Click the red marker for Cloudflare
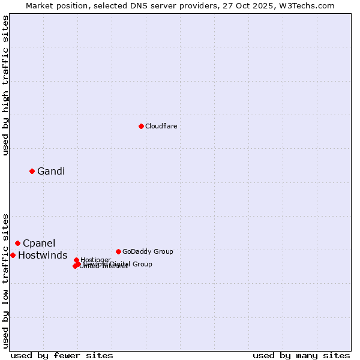tap(141, 126)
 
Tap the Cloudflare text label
tap(161, 126)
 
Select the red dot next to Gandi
tap(32, 171)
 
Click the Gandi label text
tap(51, 172)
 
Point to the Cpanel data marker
tap(17, 243)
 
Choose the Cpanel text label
tap(39, 244)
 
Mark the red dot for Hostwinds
tap(13, 255)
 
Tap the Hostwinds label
tap(43, 256)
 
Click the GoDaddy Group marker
tap(118, 251)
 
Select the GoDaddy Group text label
tap(148, 251)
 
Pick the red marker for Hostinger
tap(76, 260)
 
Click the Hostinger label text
tap(95, 260)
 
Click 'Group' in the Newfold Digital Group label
tap(142, 264)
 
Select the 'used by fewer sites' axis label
tap(62, 355)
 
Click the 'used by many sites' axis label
tap(301, 355)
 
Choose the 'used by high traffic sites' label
tap(5, 85)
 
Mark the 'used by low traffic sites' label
tap(5, 280)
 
